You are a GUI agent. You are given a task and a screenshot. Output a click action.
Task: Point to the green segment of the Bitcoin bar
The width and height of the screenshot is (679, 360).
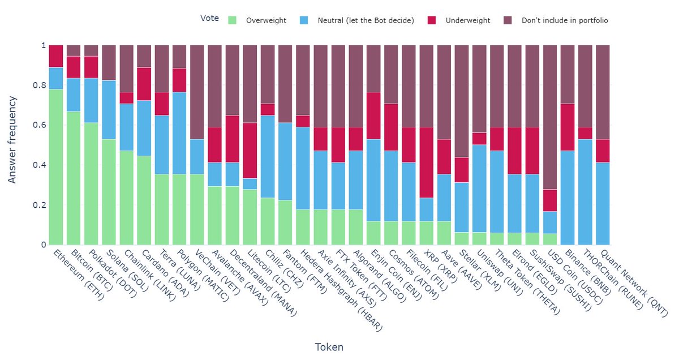(x=73, y=178)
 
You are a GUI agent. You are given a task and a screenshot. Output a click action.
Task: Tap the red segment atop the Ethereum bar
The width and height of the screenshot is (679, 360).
(x=55, y=56)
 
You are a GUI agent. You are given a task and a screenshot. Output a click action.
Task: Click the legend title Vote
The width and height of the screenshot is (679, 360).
(x=209, y=18)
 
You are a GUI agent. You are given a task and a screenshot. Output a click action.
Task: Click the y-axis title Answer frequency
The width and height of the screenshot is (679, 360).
(x=12, y=139)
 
